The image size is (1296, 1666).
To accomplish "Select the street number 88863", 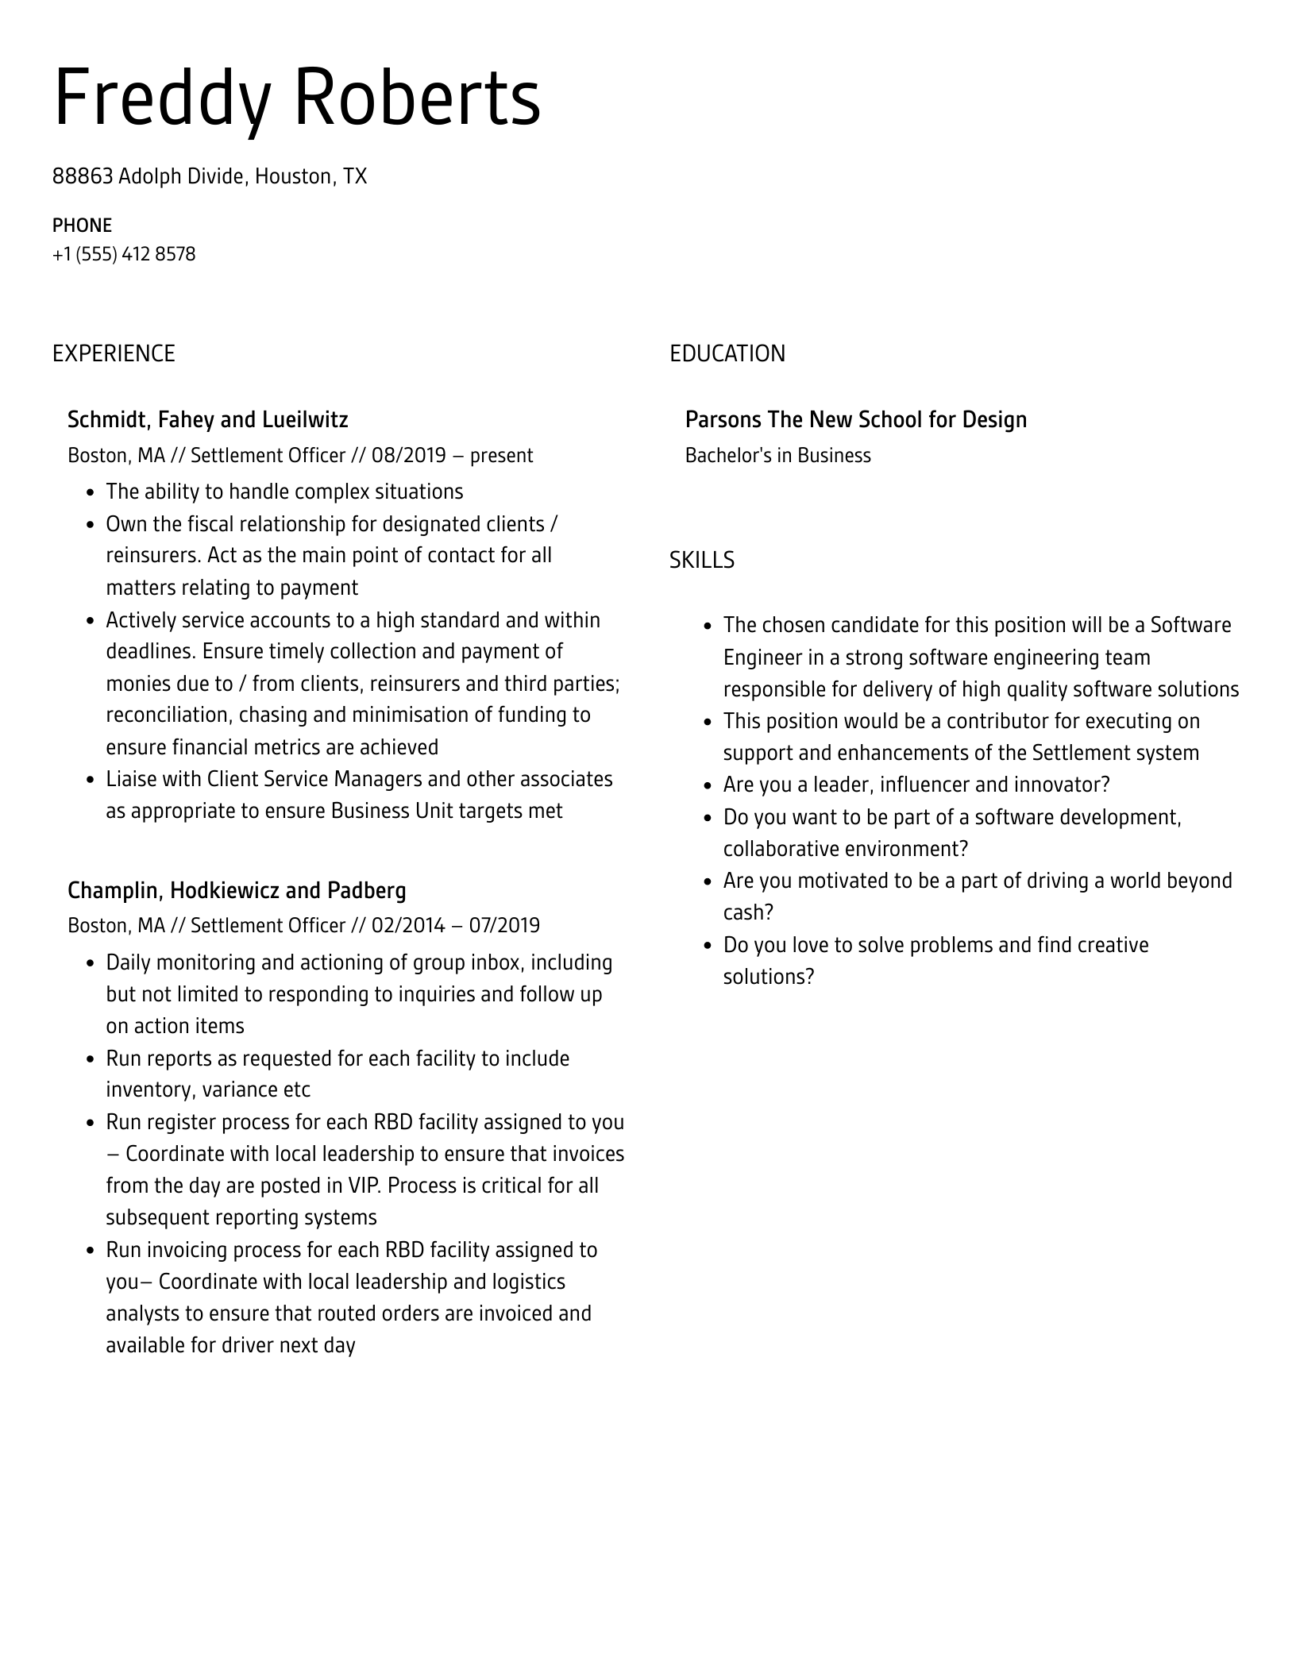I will point(83,176).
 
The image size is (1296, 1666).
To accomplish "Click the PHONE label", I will point(82,226).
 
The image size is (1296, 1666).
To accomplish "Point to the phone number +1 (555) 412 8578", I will point(124,254).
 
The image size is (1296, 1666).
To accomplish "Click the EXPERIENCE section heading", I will point(114,353).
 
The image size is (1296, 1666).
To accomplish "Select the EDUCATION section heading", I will point(727,353).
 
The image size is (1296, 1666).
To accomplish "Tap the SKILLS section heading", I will point(701,561).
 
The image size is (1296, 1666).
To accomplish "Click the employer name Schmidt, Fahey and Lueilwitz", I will point(207,419).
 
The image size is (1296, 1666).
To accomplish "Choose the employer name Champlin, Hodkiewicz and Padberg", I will point(237,890).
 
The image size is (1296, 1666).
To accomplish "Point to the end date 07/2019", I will point(504,926).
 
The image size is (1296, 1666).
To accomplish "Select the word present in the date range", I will point(502,456).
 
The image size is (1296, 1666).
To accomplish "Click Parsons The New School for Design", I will point(855,419).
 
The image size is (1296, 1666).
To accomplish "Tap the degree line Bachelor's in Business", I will point(777,456).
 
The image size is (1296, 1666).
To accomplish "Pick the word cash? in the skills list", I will point(748,912).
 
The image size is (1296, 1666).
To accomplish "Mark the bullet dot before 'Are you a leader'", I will point(708,786).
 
